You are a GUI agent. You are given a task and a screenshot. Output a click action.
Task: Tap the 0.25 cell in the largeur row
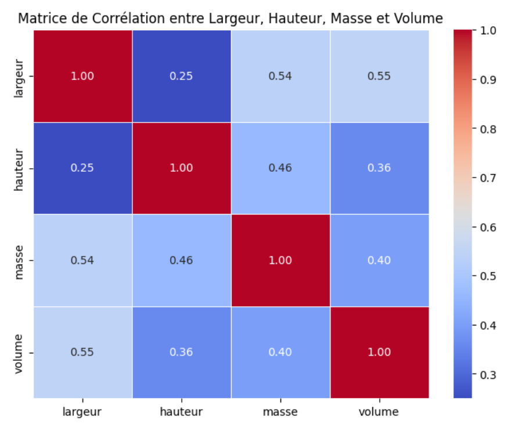coord(182,76)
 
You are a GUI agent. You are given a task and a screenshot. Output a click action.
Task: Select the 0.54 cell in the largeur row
coord(281,76)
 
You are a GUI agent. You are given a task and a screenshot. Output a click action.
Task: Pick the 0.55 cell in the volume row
coord(82,352)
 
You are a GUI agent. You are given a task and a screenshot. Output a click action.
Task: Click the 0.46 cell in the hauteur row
coord(281,168)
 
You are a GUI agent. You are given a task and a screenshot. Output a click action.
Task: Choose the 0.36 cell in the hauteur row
coord(379,168)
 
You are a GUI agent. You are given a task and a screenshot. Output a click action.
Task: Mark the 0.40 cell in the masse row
coord(379,260)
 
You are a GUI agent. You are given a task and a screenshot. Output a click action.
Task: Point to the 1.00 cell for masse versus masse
coord(281,260)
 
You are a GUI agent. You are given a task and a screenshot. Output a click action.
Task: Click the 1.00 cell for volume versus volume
coord(379,352)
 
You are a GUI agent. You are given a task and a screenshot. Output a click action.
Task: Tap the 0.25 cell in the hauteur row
coord(82,168)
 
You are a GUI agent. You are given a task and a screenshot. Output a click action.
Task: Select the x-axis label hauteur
coord(182,412)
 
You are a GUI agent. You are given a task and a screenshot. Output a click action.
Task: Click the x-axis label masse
coord(281,412)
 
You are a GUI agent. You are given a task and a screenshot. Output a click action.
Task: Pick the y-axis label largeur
coord(19,76)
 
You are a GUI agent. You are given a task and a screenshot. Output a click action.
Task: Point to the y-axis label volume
coord(19,352)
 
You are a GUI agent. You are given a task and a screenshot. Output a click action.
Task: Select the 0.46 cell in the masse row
coord(182,260)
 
